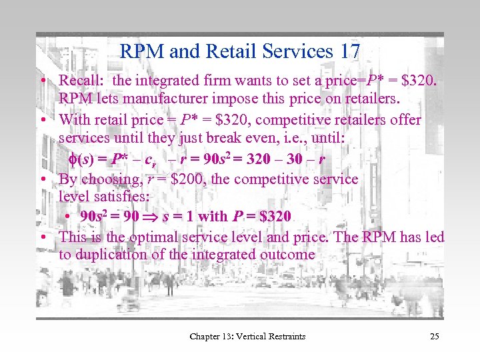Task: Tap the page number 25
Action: click(x=434, y=336)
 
